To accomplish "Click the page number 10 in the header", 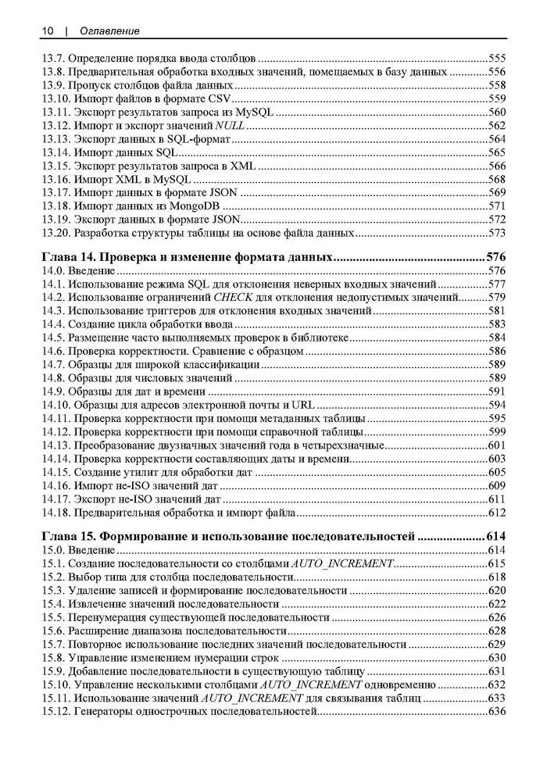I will [47, 30].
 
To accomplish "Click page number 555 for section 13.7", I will [497, 58].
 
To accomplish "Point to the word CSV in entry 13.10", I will [221, 98].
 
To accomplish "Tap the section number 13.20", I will [55, 233].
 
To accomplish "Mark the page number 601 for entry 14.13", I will [497, 445].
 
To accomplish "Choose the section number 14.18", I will [55, 513].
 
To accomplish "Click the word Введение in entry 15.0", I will [91, 551].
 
